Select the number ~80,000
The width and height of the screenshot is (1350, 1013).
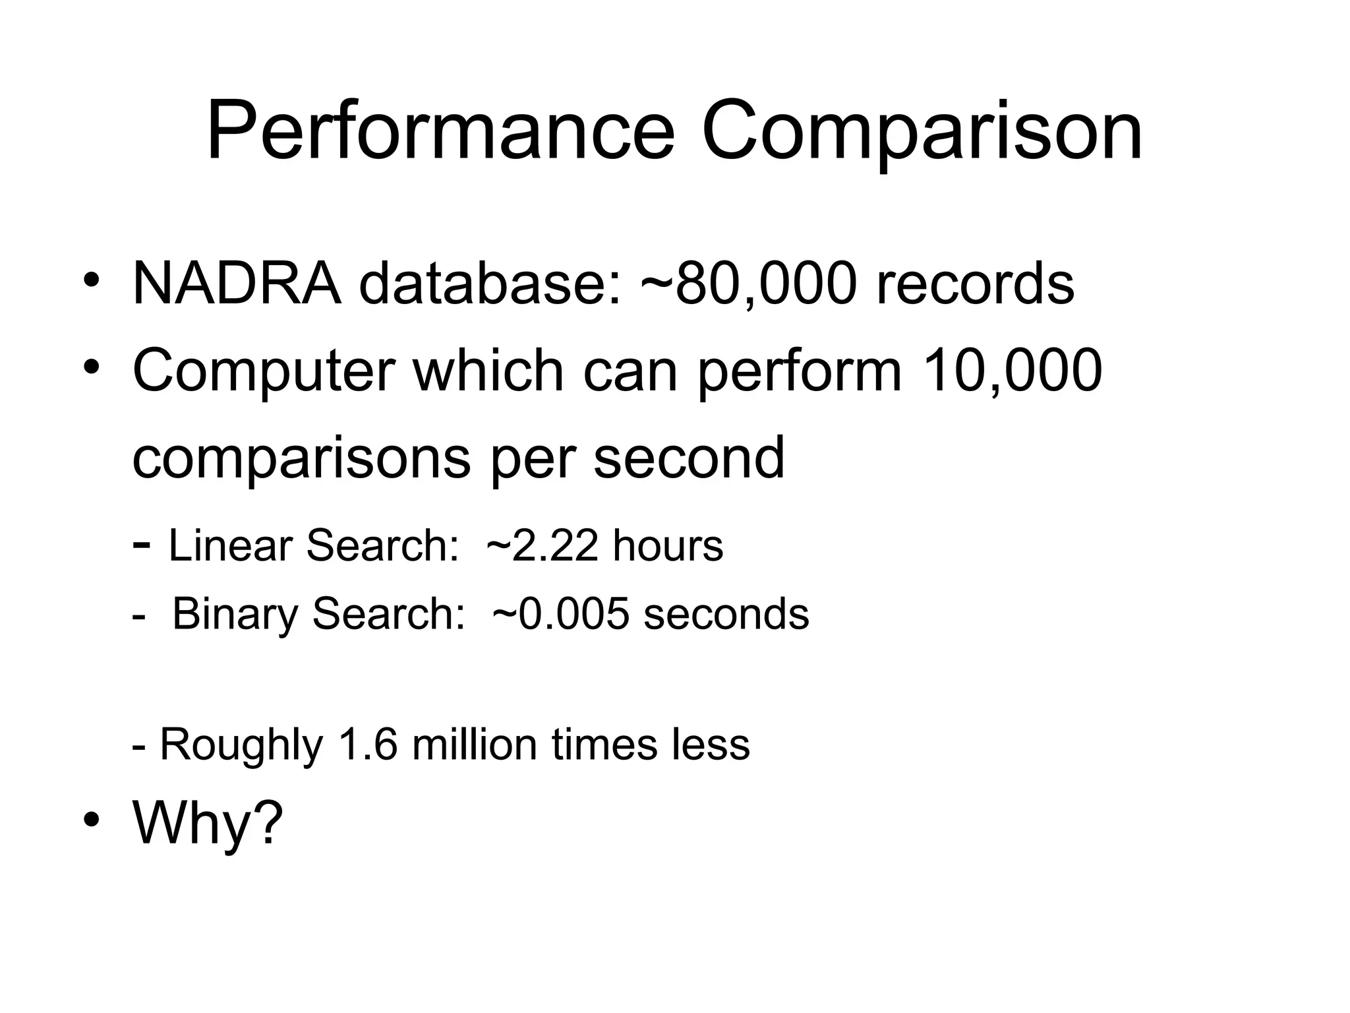point(749,284)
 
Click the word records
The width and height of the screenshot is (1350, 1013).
point(975,284)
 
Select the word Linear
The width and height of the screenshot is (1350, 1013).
point(230,545)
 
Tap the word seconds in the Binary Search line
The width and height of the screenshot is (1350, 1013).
point(726,613)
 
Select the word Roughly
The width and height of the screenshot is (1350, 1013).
point(241,745)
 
